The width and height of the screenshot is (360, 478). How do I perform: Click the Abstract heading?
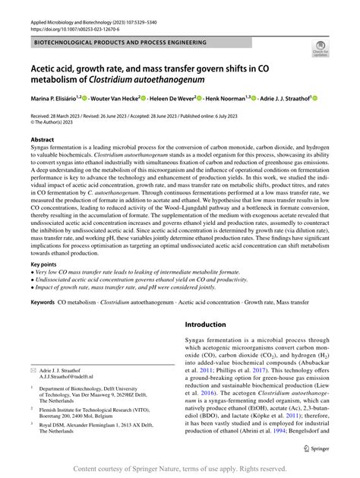(42, 140)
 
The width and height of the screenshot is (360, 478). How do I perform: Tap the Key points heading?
(45, 264)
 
